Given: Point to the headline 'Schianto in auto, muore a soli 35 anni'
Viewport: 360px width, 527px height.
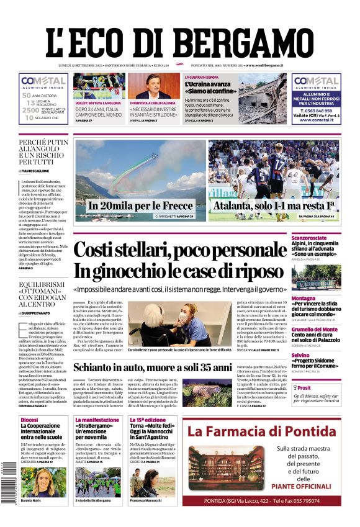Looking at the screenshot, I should click(x=153, y=367).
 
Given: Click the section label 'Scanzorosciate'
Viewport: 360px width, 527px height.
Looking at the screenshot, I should click(x=326, y=238).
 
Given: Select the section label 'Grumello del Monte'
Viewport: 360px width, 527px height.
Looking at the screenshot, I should click(x=332, y=330).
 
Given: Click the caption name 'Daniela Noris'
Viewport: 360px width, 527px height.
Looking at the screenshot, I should click(x=35, y=500).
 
